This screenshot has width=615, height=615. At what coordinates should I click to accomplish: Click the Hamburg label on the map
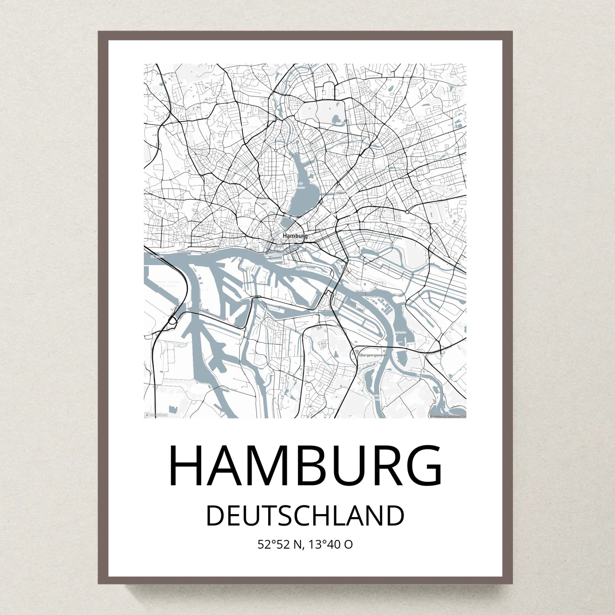(x=295, y=235)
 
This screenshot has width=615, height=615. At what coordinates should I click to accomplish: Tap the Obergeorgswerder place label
(x=374, y=355)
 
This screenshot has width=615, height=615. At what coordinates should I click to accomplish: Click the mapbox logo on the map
(x=156, y=415)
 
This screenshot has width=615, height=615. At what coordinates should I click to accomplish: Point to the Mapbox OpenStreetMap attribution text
(x=448, y=416)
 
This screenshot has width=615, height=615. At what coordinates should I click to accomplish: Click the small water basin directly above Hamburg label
(x=289, y=224)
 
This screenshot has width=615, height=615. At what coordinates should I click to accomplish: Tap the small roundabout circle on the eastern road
(x=407, y=212)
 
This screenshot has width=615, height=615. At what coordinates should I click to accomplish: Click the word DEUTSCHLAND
(x=305, y=516)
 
